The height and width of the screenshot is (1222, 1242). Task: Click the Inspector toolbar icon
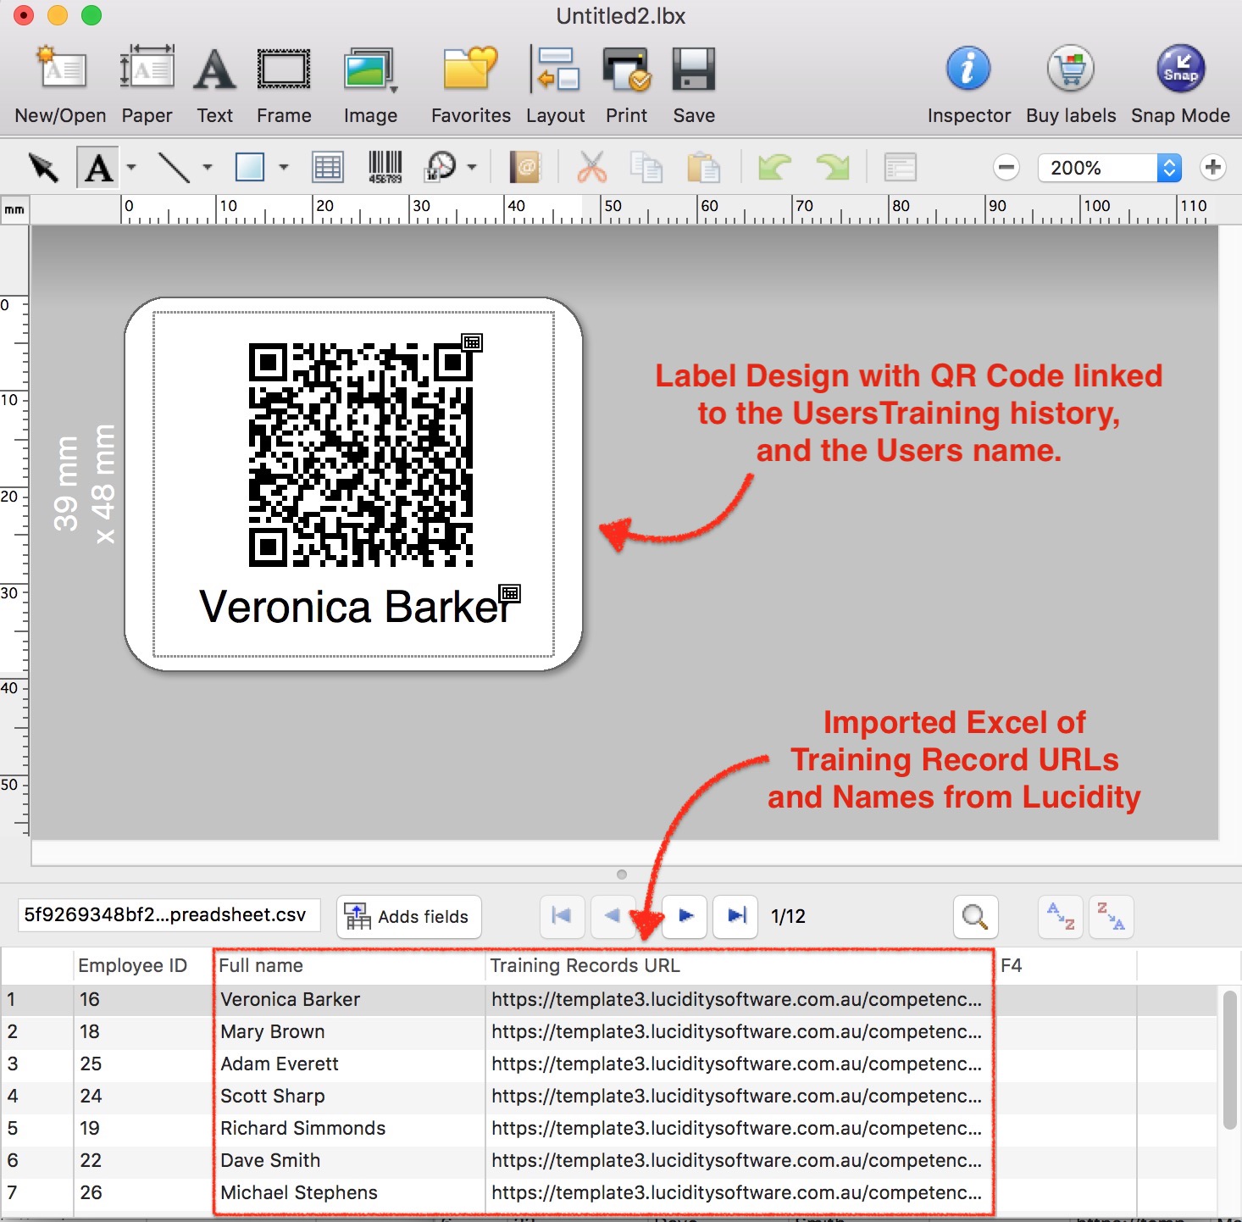click(x=968, y=69)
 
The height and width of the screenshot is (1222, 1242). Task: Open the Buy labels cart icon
click(x=1071, y=69)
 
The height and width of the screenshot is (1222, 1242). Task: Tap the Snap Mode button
click(x=1180, y=69)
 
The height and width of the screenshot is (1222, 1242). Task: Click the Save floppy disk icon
click(x=694, y=69)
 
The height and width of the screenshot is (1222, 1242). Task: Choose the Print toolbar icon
click(x=626, y=69)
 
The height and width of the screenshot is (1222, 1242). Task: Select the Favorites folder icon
click(x=470, y=69)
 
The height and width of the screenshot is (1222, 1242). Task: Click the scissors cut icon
click(x=591, y=167)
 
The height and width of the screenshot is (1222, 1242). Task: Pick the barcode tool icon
click(x=385, y=167)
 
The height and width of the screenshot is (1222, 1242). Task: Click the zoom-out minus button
click(x=1006, y=168)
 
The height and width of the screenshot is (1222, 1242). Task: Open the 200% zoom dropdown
click(x=1168, y=168)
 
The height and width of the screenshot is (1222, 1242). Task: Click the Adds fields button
click(x=408, y=916)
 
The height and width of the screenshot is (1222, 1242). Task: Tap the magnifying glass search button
click(x=975, y=916)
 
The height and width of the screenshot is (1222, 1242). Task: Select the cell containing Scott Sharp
click(x=273, y=1096)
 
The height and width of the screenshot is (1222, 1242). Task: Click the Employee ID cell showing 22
click(x=91, y=1160)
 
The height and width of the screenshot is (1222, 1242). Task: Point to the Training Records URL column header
click(x=585, y=965)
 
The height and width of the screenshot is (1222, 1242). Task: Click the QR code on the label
click(x=361, y=454)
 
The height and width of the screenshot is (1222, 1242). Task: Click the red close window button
click(x=24, y=15)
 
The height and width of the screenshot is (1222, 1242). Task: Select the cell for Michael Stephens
click(x=299, y=1192)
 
